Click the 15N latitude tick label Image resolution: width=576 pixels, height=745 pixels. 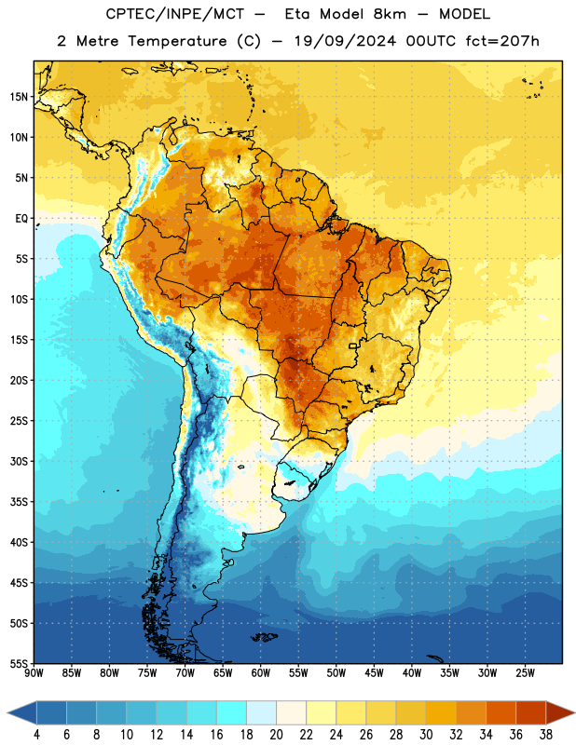pos(19,97)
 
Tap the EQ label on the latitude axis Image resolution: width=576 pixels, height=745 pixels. pos(21,219)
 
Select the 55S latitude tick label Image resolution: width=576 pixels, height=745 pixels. pos(19,664)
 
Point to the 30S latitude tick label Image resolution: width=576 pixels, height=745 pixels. pos(19,461)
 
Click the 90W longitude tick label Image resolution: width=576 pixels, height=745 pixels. pos(34,672)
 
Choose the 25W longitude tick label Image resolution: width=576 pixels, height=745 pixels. pos(525,672)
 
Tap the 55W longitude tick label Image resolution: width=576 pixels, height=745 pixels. pos(298,672)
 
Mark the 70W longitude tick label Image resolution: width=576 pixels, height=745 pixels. pos(185,672)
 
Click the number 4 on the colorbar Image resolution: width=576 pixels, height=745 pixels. pos(36,735)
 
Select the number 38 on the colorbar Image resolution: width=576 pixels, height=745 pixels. pos(546,735)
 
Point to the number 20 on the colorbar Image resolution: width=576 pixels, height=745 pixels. pos(276,735)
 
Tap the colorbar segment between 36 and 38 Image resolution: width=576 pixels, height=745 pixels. pos(531,712)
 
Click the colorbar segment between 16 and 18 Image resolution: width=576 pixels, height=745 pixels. pos(232,712)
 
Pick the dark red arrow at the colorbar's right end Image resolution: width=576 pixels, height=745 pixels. pos(560,712)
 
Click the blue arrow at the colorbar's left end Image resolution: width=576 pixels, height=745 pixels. pos(22,712)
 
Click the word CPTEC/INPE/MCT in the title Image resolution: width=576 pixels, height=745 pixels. pos(174,14)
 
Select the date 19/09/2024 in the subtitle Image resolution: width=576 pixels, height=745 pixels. pos(345,41)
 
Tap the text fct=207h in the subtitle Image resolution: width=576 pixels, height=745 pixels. pos(502,41)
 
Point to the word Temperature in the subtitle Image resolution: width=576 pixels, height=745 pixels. pos(177,41)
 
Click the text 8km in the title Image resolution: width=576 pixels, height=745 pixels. pos(390,14)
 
